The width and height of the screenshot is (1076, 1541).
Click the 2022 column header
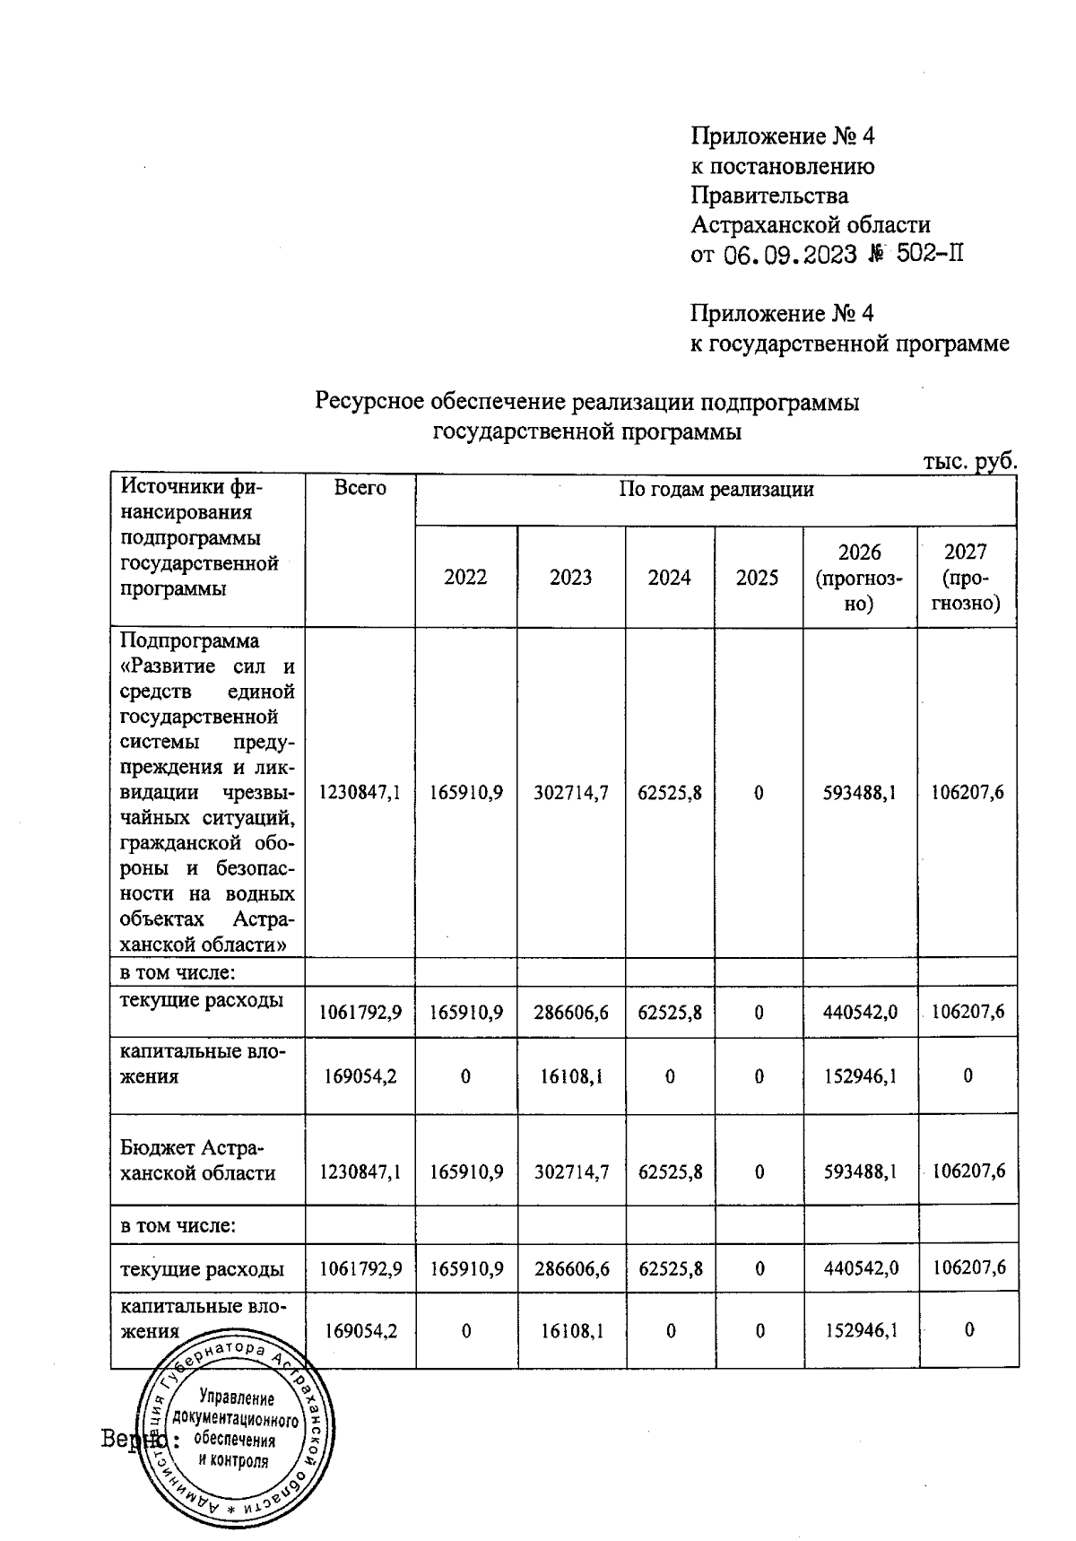click(x=465, y=577)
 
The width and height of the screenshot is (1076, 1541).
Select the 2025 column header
click(x=758, y=577)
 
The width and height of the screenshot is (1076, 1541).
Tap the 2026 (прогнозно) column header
click(x=859, y=578)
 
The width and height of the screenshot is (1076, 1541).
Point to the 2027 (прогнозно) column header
click(x=966, y=578)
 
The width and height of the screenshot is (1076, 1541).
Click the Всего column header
click(x=360, y=488)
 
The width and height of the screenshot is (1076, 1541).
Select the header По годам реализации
click(x=716, y=490)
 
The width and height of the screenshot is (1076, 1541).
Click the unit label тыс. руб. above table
click(x=970, y=462)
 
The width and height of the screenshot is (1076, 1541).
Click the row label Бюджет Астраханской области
click(x=198, y=1161)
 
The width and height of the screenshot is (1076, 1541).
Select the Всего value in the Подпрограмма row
click(x=360, y=792)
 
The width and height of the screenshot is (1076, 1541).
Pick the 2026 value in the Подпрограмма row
click(x=859, y=792)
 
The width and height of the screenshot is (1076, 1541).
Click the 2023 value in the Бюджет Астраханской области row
click(x=571, y=1171)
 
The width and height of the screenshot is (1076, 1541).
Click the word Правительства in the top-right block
click(x=769, y=196)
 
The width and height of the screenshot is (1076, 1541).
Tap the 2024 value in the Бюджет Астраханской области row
click(x=669, y=1171)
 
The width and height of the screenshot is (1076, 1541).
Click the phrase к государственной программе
click(x=849, y=344)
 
